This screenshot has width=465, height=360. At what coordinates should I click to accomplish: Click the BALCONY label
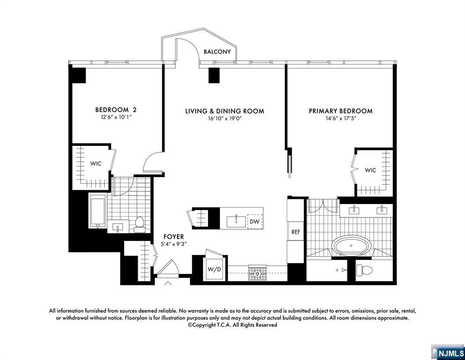(x=217, y=52)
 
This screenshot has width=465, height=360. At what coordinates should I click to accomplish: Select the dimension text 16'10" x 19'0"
(x=224, y=119)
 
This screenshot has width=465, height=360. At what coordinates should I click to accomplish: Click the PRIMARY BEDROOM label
(x=340, y=111)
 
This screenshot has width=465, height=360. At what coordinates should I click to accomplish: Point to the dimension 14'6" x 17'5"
(x=340, y=119)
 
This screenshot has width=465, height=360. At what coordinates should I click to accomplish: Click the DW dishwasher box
(x=255, y=221)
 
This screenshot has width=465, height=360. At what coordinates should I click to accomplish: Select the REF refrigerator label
(x=295, y=232)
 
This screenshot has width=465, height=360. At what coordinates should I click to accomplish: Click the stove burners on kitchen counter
(x=257, y=272)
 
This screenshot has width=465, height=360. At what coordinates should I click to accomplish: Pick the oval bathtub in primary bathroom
(x=352, y=246)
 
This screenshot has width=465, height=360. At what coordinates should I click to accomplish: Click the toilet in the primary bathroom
(x=364, y=270)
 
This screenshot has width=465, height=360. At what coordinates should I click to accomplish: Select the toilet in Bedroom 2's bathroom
(x=140, y=225)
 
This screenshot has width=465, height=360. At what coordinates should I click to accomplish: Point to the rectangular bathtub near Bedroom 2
(x=98, y=212)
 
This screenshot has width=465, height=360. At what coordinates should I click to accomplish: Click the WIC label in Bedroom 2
(x=96, y=164)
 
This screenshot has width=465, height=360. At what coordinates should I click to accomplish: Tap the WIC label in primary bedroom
(x=370, y=170)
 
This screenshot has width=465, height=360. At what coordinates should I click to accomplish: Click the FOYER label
(x=173, y=237)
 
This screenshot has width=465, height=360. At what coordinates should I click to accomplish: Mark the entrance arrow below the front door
(x=168, y=283)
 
